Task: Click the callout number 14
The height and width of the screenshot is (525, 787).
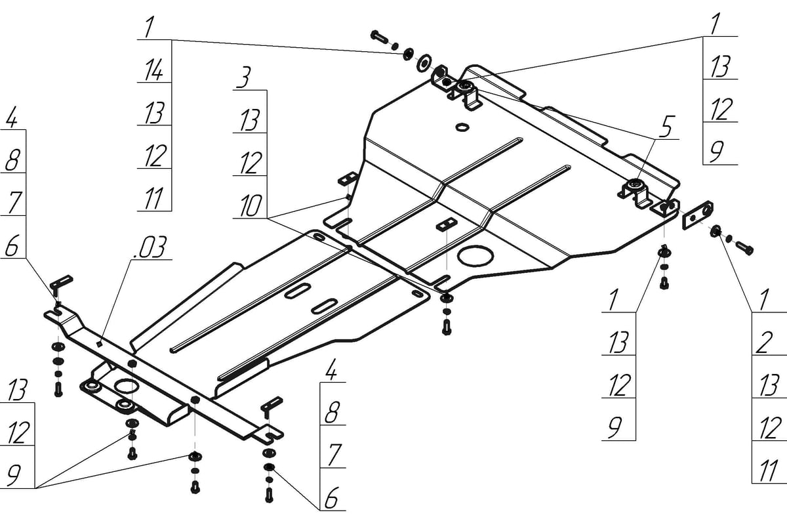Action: coord(153,70)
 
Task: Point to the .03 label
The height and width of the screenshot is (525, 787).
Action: coord(150,249)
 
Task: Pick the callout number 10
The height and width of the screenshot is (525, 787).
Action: coord(249,207)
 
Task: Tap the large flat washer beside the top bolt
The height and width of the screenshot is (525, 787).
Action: coord(424,62)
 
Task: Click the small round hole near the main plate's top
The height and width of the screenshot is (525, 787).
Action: coord(461,126)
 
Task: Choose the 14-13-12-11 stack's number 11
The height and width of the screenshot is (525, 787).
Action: coord(153,198)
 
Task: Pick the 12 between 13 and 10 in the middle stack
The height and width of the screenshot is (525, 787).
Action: coord(250,163)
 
